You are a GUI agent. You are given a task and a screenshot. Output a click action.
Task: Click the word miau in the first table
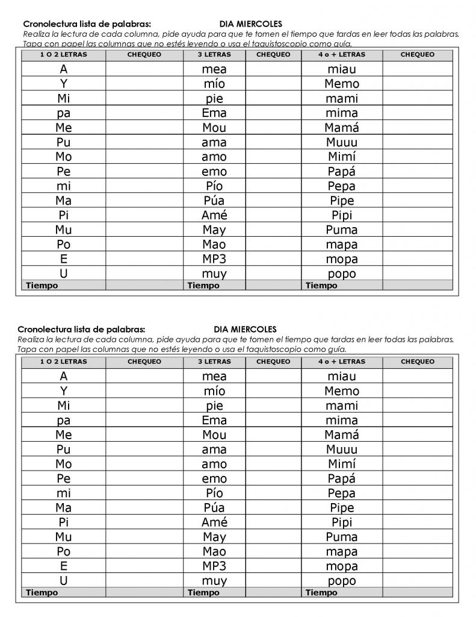point(341,69)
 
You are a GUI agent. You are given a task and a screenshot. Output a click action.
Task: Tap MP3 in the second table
point(214,566)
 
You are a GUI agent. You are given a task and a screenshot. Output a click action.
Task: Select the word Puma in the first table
point(341,230)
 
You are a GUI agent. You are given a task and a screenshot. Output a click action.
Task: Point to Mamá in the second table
point(341,435)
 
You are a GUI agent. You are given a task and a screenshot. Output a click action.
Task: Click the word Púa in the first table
point(214,201)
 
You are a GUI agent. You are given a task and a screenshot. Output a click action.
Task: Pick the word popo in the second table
point(341,581)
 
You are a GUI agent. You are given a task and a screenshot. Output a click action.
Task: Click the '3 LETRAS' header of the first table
point(214,55)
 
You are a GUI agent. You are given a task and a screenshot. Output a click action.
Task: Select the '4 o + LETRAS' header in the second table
point(341,362)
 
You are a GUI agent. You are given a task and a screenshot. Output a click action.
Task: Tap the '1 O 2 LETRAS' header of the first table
point(64,55)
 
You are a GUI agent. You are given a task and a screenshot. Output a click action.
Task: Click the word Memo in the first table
point(341,84)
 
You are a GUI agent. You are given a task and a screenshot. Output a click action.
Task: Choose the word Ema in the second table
point(214,420)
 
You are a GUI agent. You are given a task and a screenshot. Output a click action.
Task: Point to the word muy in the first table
point(214,274)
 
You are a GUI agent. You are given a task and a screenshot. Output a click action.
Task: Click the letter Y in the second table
point(64,391)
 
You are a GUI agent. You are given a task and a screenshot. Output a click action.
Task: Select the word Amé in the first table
point(214,215)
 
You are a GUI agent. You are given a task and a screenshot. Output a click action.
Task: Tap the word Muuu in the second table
point(341,449)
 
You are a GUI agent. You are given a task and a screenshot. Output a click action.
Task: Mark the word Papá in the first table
point(341,171)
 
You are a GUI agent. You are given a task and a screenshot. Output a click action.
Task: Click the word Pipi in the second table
point(341,522)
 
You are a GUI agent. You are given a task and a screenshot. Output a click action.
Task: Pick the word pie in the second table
point(214,406)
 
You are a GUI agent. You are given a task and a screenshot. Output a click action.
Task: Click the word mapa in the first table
point(341,245)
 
